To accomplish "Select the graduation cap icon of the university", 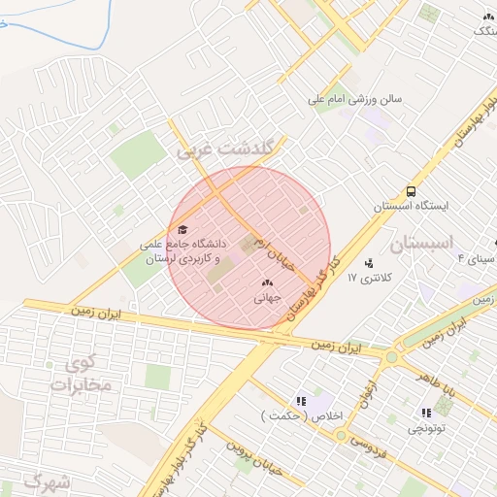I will (182, 229).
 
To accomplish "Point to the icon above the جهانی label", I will (267, 282).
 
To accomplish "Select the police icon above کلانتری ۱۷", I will (369, 262).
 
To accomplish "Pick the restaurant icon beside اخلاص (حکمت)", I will (302, 400).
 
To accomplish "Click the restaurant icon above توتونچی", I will (426, 413).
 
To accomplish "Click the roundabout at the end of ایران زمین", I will (392, 356).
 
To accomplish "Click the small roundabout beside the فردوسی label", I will (341, 435).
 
